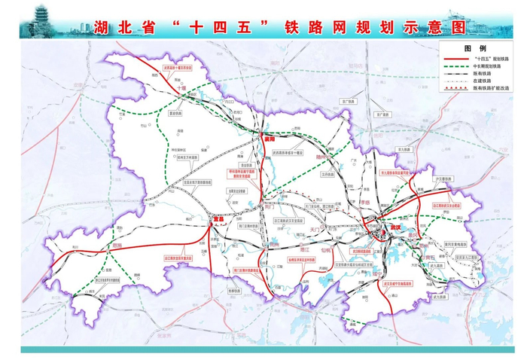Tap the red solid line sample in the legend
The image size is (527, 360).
pyautogui.click(x=453, y=58)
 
